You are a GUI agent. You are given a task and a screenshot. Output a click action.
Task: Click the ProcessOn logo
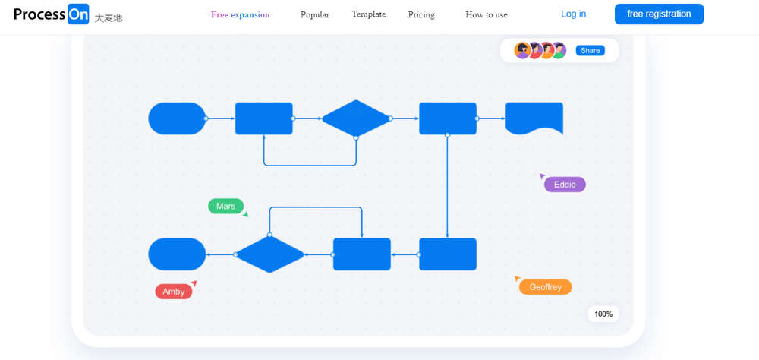pos(51,14)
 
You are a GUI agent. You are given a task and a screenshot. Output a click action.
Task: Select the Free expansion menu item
pos(240,14)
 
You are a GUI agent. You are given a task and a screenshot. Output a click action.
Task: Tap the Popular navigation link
pos(315,14)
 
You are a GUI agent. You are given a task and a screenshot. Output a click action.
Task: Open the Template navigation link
pos(369,14)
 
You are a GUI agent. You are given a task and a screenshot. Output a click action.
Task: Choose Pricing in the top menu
pos(421,14)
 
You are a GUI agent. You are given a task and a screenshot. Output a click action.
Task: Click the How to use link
pos(487,14)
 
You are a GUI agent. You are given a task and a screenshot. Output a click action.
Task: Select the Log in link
pos(573,14)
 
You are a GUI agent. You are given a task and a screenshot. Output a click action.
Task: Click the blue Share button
pos(590,51)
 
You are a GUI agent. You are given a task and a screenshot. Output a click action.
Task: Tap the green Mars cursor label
pos(225,206)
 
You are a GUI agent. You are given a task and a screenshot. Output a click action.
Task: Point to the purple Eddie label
pos(565,185)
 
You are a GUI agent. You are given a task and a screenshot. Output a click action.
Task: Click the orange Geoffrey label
pos(545,287)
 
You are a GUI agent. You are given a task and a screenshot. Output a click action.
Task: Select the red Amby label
pos(173,292)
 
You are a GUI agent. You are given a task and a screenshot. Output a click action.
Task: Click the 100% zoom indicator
pos(603,314)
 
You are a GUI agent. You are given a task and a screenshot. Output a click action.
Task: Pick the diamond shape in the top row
pos(356,118)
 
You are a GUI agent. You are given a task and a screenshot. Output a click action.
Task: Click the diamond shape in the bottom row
pos(269,254)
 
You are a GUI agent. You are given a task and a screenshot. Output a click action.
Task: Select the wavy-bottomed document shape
pos(534,118)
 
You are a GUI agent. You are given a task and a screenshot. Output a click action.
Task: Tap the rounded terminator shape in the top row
pos(177,118)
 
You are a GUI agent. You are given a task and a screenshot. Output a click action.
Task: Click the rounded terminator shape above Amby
pos(177,254)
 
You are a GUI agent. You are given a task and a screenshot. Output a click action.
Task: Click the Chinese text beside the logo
pos(109,17)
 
